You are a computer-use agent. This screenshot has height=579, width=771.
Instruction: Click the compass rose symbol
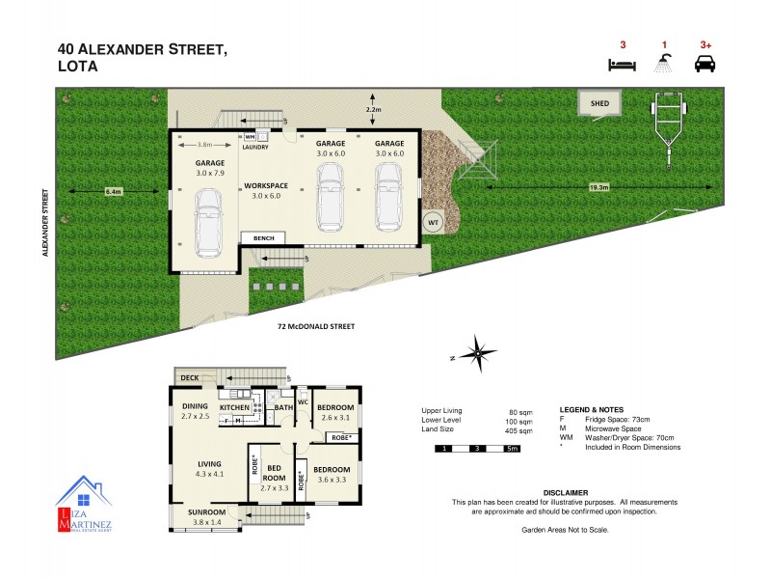click(478, 355)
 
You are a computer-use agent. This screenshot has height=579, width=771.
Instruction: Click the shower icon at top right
click(663, 64)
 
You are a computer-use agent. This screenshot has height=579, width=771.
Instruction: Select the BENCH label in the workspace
click(264, 238)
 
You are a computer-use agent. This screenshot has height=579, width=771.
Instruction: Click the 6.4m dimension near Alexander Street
click(113, 192)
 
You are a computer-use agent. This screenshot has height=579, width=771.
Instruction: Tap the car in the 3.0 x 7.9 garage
click(208, 222)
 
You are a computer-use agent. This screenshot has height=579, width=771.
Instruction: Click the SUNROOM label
click(206, 511)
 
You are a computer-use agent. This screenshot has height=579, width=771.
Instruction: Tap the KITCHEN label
click(235, 408)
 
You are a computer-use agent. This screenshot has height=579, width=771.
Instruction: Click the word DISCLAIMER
click(565, 492)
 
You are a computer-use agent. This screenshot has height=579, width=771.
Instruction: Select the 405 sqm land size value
click(519, 431)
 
